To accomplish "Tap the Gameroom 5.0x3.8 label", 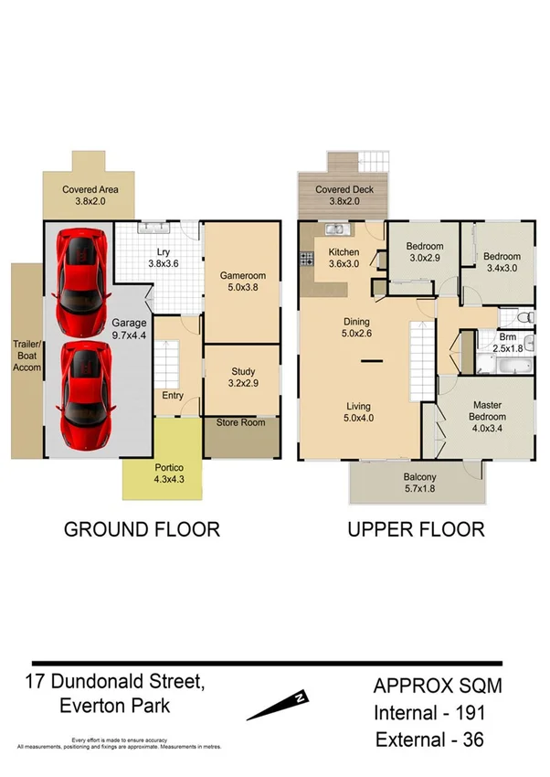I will pos(241,281).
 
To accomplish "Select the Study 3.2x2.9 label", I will pos(242,378).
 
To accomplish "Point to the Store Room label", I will pos(241,423).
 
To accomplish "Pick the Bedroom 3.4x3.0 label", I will pos(501,262).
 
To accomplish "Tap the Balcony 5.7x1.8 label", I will pos(419,484).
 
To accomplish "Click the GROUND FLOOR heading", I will pos(141,529).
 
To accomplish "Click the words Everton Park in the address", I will pos(113,706).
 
